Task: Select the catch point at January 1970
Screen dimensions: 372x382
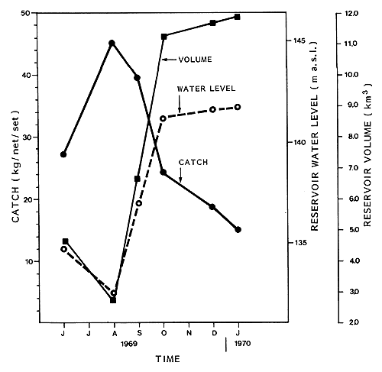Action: coord(238,229)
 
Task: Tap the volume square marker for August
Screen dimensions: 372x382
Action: coord(113,300)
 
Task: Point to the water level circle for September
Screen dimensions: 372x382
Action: coord(138,203)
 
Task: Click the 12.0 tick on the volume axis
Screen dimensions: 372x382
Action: coord(351,14)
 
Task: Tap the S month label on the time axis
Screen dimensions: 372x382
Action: coord(138,333)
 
